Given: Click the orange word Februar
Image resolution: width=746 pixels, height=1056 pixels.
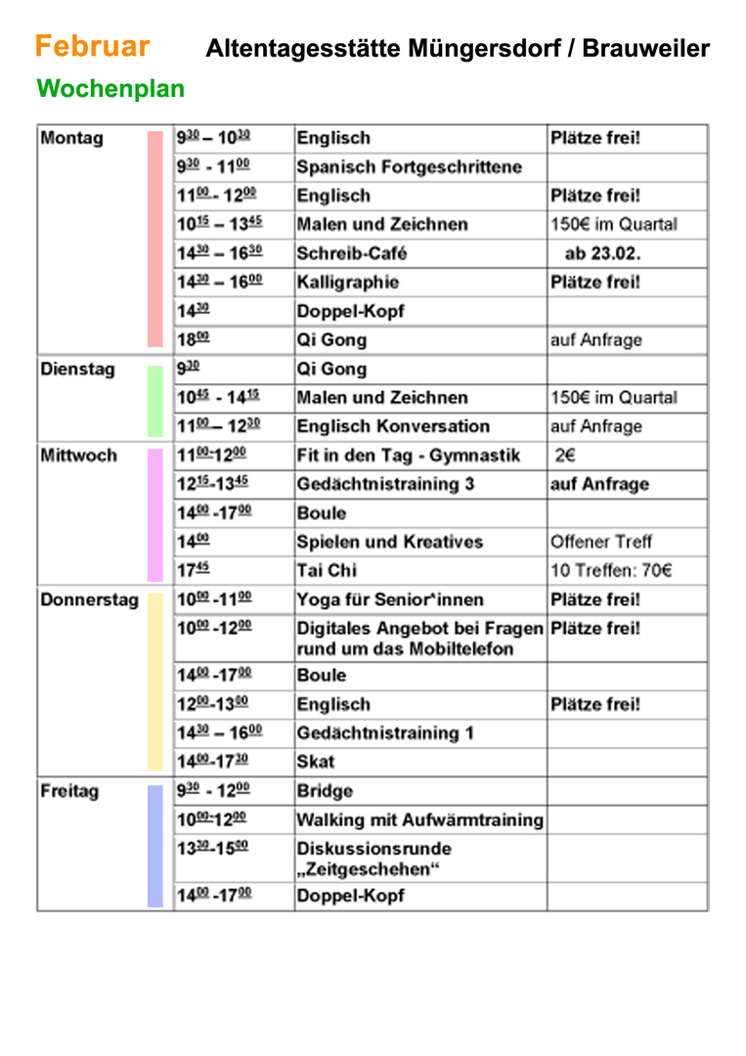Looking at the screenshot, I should coord(92,46).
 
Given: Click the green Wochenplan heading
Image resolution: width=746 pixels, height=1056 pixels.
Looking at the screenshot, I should coord(110,89).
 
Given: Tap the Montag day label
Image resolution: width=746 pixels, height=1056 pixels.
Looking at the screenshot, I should coord(71,138).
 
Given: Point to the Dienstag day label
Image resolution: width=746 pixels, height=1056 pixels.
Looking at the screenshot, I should coord(77,369).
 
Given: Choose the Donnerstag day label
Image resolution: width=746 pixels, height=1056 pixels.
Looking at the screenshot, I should coord(89,599).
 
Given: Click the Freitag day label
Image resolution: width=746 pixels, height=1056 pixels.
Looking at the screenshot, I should coord(69,791).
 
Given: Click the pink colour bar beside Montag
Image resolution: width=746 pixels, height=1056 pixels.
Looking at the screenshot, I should coord(154,239).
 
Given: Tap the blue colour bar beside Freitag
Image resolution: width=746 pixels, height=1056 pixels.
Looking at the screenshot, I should coord(154,845).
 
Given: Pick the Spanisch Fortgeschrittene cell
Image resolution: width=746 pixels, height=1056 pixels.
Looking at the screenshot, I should coord(409,167).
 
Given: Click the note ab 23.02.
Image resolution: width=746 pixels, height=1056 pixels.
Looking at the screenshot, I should coord(602,253).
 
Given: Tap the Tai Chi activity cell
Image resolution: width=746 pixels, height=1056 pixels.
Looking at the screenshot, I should coord(328,570).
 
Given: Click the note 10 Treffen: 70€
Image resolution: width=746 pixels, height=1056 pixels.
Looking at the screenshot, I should coord(611,570).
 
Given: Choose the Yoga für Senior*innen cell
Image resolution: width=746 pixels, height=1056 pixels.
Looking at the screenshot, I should coord(390,599).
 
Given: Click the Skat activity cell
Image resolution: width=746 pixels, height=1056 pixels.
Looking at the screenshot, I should coord(316,761).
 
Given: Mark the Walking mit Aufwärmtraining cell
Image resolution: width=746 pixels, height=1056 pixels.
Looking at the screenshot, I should coord(419,819).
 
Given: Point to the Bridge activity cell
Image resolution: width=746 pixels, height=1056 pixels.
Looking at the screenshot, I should coord(325,791).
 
